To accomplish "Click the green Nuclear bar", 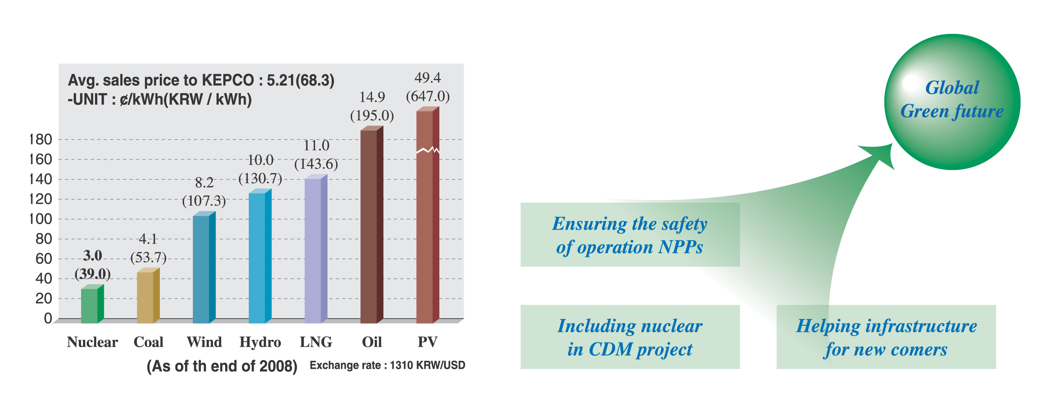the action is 92,304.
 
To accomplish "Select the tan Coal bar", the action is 148,296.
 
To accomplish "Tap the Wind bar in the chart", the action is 204,268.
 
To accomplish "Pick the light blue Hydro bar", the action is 260,256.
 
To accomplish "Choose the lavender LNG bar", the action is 316,249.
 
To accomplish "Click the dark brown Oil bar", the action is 372,225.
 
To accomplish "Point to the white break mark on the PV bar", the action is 428,150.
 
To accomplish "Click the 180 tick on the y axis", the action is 41,140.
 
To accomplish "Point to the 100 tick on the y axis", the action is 41,219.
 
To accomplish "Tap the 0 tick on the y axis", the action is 48,319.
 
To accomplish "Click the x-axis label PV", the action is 428,342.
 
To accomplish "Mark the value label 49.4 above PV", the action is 428,78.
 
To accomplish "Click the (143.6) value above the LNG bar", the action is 316,164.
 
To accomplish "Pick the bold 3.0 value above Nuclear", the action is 92,255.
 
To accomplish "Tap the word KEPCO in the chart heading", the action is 228,80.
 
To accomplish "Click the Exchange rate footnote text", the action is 387,365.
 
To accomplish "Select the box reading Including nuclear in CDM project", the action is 630,337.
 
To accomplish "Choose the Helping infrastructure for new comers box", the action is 886,337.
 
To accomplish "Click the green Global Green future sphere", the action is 952,102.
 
